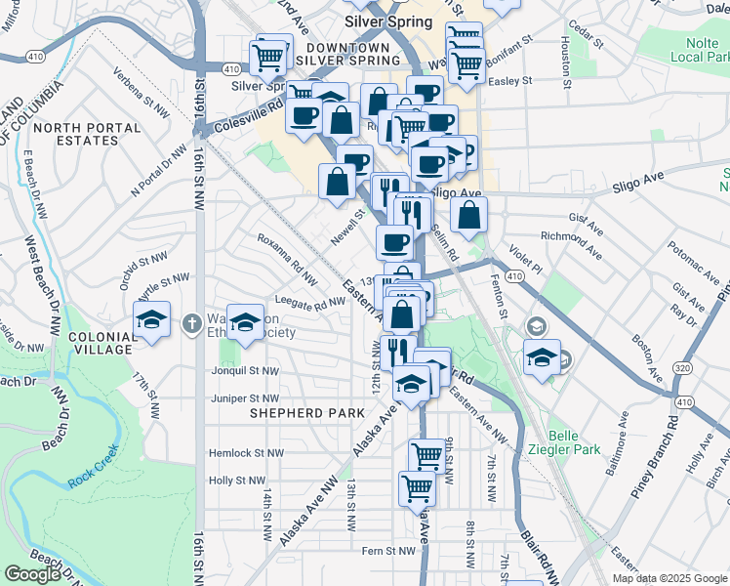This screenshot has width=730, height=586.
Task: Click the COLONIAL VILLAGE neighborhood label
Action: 101,342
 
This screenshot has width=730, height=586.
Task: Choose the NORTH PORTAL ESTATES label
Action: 75,134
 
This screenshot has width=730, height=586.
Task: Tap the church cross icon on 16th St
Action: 192,320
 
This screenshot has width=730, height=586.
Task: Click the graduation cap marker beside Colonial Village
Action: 151,319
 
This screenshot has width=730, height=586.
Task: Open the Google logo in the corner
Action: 32,574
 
